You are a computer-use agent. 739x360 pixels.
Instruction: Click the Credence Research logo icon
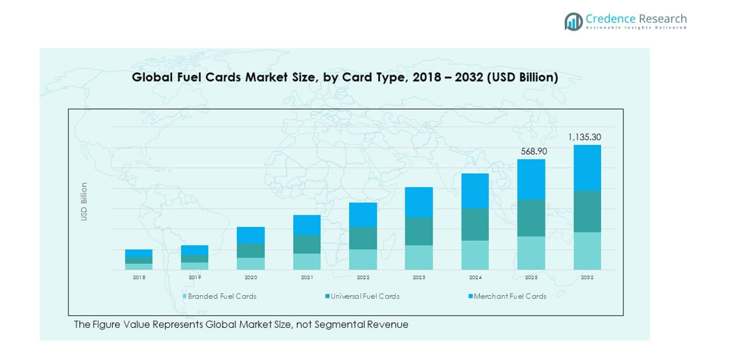(573, 22)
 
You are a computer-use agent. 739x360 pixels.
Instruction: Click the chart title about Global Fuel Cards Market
(345, 77)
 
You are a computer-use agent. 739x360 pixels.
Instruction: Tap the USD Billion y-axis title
(84, 201)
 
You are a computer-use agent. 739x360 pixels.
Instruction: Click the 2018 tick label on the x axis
(139, 277)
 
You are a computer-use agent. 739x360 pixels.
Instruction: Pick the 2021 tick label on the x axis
(306, 277)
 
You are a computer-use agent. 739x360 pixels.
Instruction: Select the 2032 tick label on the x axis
(587, 277)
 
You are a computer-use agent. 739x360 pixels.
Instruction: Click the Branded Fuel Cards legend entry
(219, 296)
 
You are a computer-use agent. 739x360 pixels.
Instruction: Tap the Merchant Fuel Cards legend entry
(507, 296)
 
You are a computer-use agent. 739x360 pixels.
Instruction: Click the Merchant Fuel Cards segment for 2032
(587, 168)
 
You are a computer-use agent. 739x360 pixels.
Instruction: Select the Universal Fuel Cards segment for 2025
(531, 218)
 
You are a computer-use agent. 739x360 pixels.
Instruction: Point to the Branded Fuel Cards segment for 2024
(475, 255)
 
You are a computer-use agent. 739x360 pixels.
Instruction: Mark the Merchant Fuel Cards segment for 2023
(419, 202)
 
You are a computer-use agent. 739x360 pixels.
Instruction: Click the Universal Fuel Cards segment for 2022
(363, 238)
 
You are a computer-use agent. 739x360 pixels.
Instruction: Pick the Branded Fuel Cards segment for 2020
(251, 263)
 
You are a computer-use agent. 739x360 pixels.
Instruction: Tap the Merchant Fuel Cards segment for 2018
(139, 253)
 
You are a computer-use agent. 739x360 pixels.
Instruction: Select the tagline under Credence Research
(635, 28)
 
